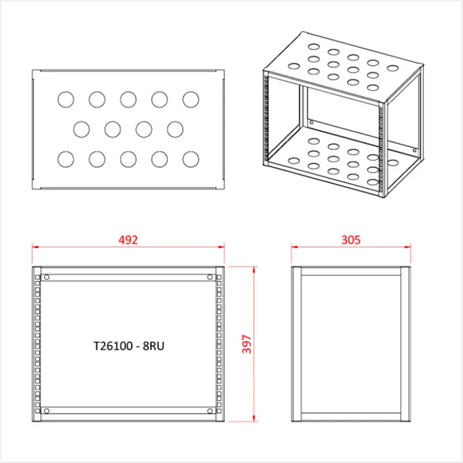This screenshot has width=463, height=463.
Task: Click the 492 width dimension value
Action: coord(127,239)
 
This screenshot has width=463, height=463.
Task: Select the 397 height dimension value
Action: coord(246,344)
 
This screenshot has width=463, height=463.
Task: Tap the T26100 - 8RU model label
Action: coord(129,346)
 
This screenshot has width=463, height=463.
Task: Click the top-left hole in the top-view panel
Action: coord(66,98)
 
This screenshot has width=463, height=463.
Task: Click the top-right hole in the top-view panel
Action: coord(190,98)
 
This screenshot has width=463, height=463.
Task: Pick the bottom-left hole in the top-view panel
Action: coord(66,158)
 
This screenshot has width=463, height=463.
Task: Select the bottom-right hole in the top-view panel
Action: coord(190,158)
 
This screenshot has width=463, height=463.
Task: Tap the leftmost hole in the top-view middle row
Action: coord(82,129)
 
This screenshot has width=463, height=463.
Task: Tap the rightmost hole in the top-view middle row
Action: coord(175,129)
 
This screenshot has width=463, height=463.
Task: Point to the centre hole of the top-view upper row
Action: coord(128,98)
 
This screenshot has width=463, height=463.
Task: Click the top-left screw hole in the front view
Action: coord(47,277)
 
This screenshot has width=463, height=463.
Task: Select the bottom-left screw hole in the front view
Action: coord(47,411)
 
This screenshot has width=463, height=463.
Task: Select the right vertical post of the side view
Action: coord(404,344)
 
